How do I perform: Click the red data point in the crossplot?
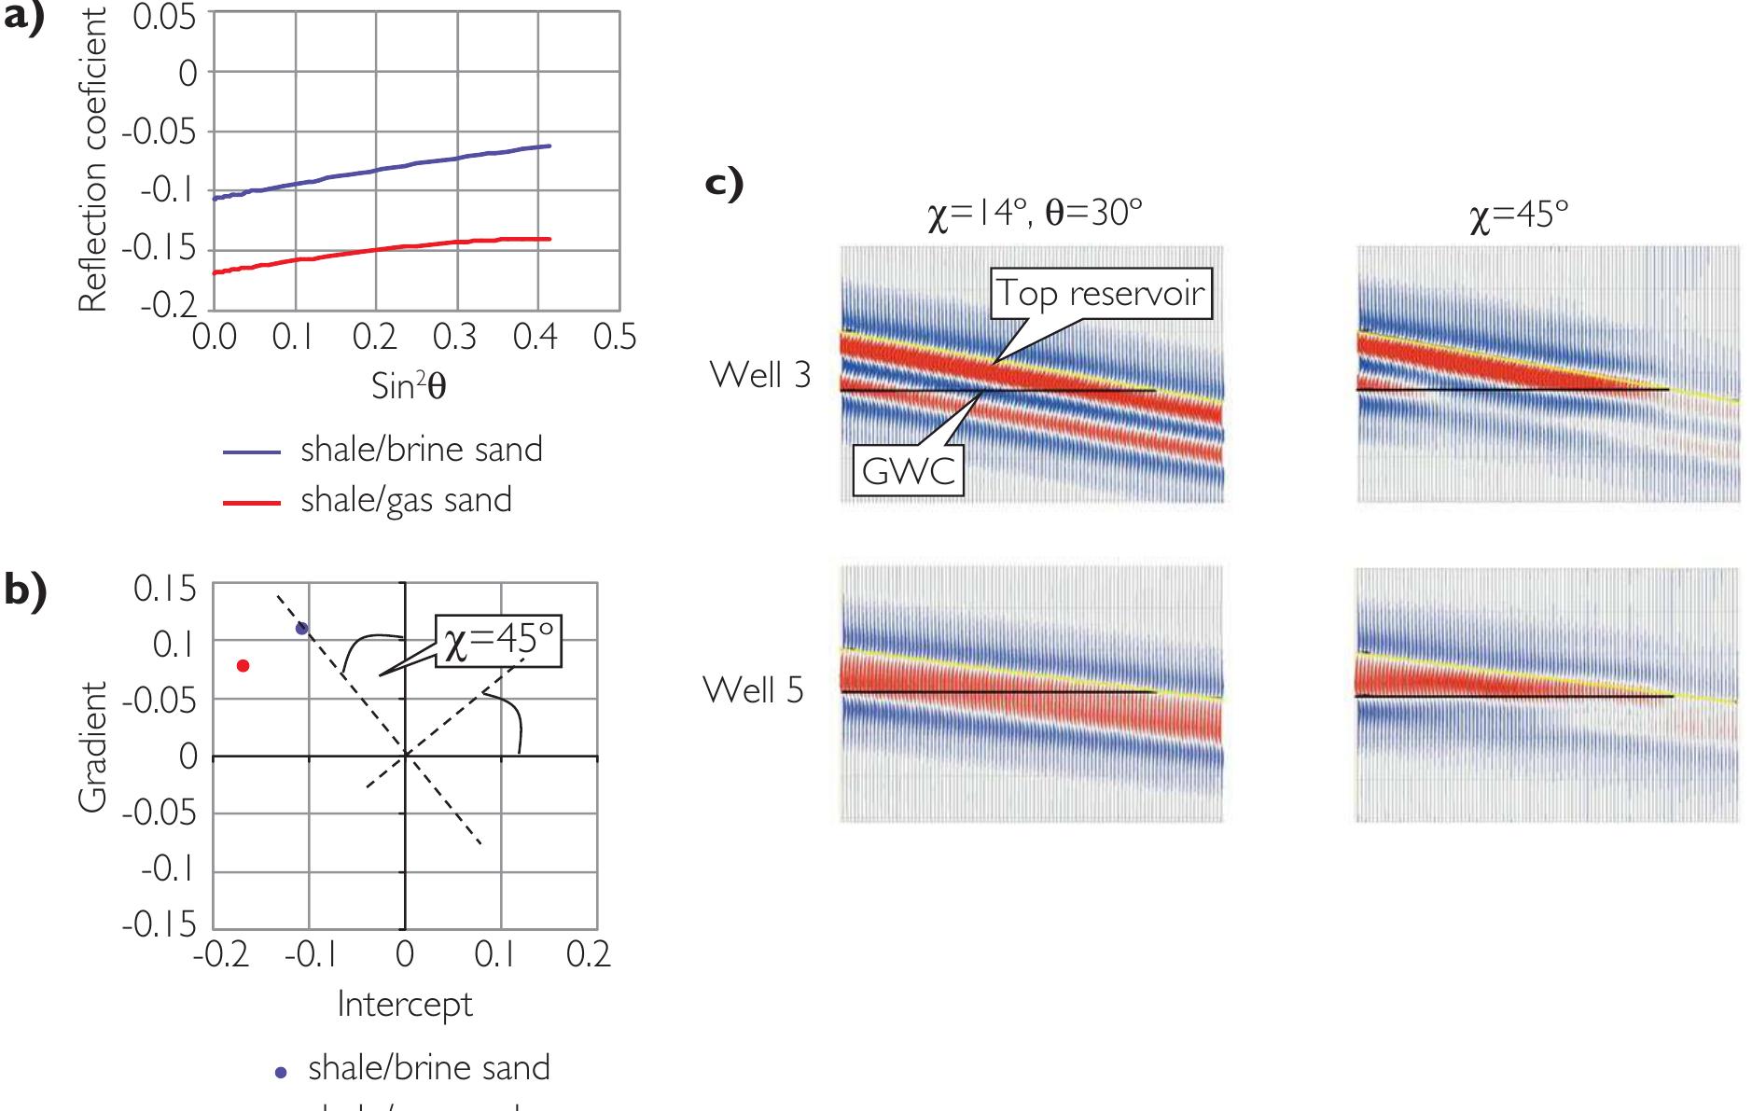click(x=243, y=665)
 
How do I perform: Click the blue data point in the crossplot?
click(x=301, y=629)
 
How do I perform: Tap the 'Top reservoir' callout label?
click(x=1101, y=294)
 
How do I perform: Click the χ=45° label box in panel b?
click(x=499, y=642)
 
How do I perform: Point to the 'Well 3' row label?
click(x=760, y=374)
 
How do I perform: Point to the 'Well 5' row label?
click(x=753, y=690)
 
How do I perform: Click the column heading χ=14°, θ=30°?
click(x=1034, y=215)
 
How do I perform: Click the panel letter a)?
click(x=24, y=19)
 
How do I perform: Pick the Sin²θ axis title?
click(x=409, y=385)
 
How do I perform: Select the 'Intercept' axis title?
click(x=404, y=1004)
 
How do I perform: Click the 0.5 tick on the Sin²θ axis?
click(x=615, y=337)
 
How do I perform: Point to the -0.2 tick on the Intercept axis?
click(x=216, y=953)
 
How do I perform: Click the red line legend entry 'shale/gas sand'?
click(x=405, y=500)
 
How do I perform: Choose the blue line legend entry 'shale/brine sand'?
click(x=421, y=450)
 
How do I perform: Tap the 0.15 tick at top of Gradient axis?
click(x=165, y=589)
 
